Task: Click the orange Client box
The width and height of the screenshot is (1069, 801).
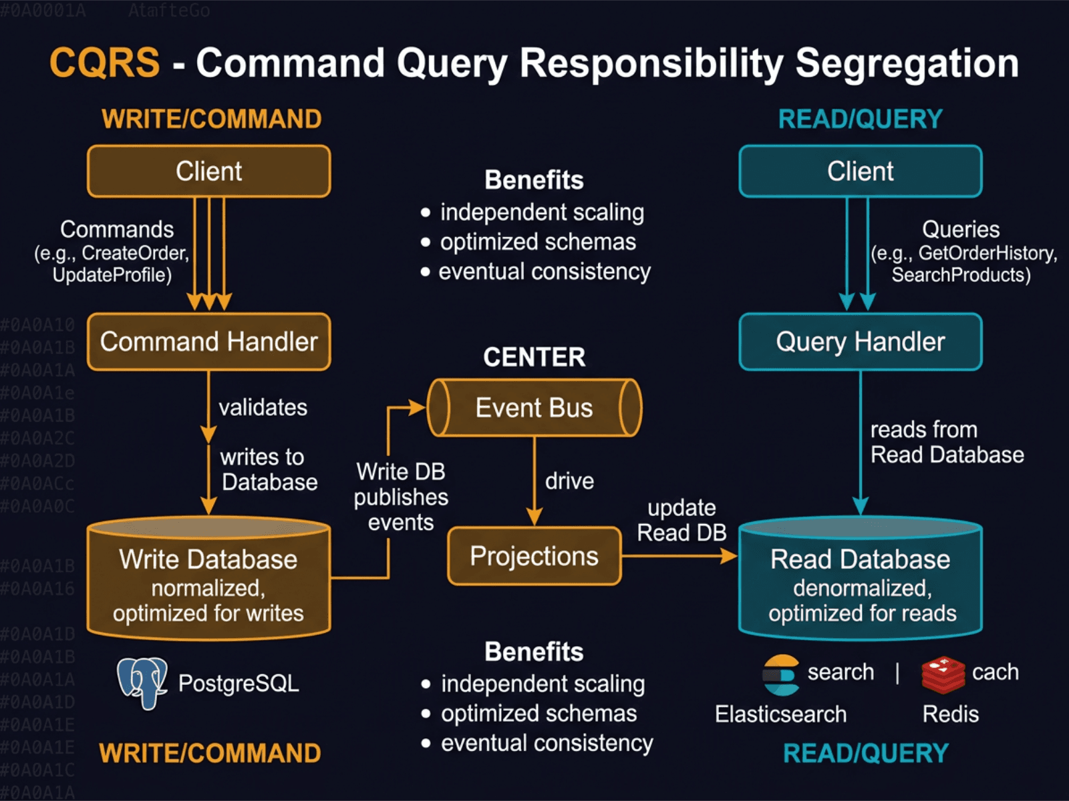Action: click(x=208, y=172)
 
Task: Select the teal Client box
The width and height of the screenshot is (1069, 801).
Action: click(x=860, y=172)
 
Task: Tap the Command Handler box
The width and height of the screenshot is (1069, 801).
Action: click(x=208, y=342)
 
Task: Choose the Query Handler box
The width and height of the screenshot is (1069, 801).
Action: click(x=860, y=342)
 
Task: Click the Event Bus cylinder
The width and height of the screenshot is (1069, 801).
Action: click(x=534, y=408)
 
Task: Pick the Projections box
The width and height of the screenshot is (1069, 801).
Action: click(x=534, y=556)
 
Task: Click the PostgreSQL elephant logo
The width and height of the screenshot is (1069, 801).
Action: click(x=142, y=682)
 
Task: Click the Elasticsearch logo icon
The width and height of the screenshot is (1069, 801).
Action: click(x=780, y=674)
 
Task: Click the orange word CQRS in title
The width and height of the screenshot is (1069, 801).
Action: click(x=105, y=63)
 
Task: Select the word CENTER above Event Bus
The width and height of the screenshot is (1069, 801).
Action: click(x=534, y=357)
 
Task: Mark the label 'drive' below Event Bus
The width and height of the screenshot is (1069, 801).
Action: click(x=569, y=481)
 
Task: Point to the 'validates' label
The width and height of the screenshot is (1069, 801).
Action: click(x=263, y=407)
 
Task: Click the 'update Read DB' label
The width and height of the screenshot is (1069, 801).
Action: click(x=681, y=520)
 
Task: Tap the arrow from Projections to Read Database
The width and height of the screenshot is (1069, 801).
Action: click(x=678, y=555)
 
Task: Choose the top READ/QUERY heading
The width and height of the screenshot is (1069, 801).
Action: click(x=860, y=119)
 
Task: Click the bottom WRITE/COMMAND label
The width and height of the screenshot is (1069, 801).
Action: click(x=210, y=753)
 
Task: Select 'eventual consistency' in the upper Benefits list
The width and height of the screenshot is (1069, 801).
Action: click(x=544, y=272)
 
